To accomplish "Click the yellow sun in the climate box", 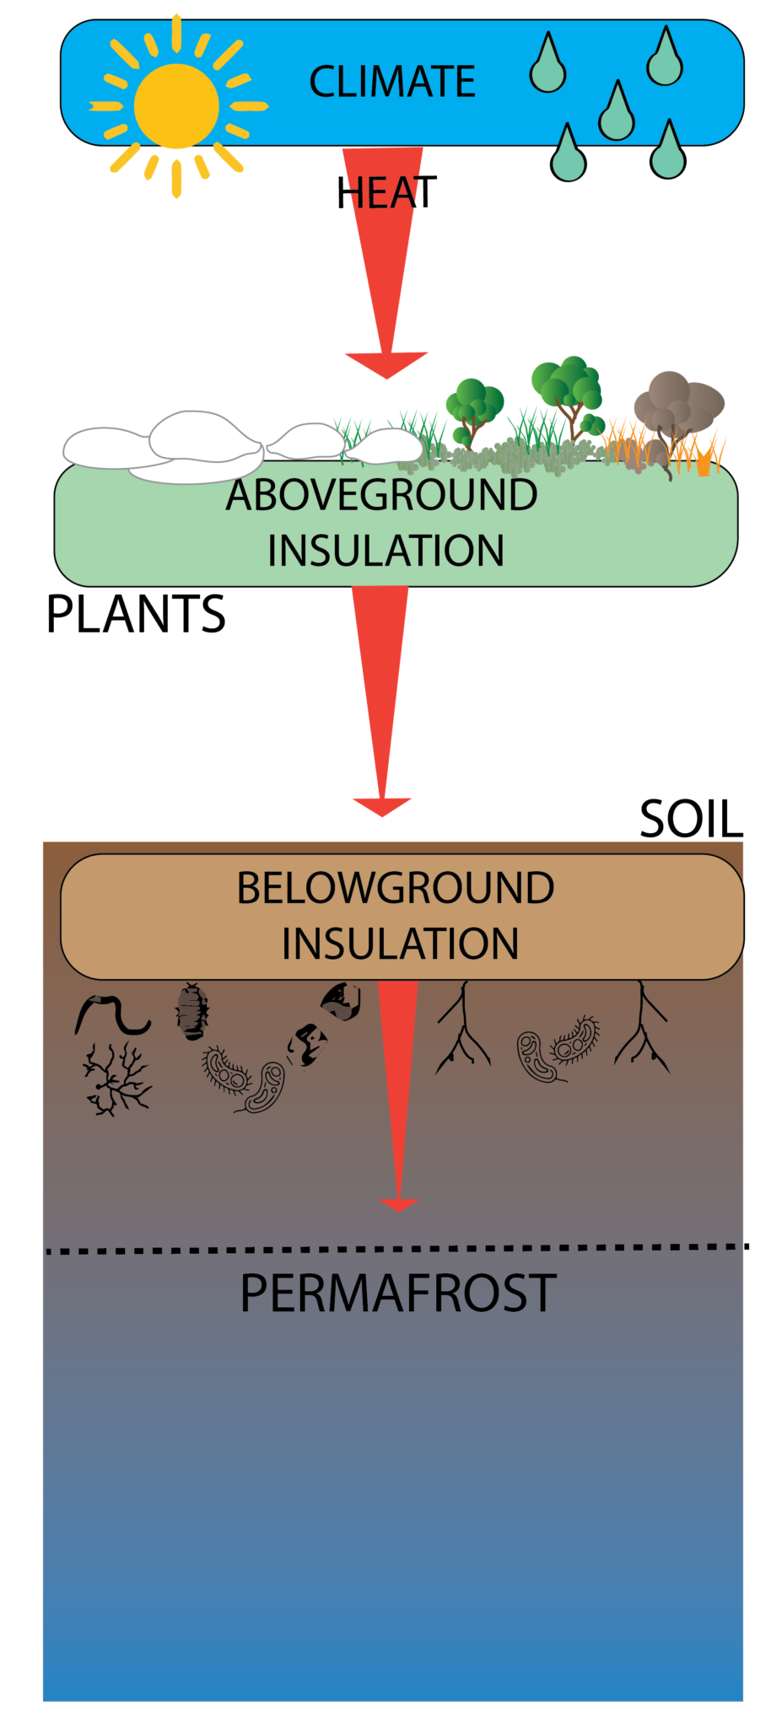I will point(176,106).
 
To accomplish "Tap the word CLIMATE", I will point(392,82).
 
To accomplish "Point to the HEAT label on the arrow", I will point(386,193).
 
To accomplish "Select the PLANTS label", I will point(136,614).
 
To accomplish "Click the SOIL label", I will point(691,819).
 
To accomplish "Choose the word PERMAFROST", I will point(397,1293).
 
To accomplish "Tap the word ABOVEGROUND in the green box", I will point(381,495).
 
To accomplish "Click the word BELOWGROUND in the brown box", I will point(395,888).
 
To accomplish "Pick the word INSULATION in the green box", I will point(386,551).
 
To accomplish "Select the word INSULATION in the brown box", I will point(400,944).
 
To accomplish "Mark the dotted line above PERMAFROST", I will point(396,1248).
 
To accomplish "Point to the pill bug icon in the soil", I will point(192,1010).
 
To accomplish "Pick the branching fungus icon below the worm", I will point(116,1080).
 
